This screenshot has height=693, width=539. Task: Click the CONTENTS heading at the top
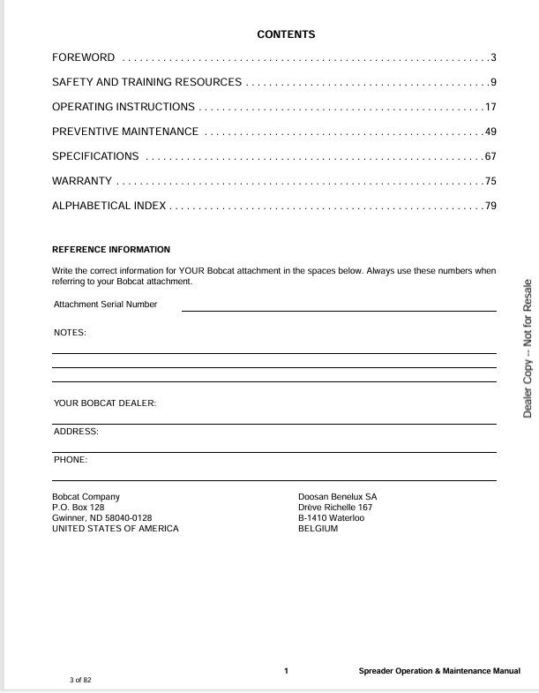click(286, 34)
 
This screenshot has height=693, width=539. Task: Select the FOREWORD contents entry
click(84, 57)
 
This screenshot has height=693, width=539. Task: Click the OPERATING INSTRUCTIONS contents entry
click(124, 107)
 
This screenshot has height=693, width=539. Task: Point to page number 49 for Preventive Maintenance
click(490, 132)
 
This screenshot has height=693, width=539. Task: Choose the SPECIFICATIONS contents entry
click(95, 156)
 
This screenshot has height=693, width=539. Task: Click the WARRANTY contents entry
click(82, 181)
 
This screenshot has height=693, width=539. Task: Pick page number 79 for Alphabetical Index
click(490, 206)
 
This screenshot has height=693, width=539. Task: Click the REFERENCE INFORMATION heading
click(111, 250)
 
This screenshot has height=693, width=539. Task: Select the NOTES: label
click(71, 333)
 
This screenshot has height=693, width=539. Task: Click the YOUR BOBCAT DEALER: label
click(105, 403)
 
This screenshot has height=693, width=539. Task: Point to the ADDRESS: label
click(76, 432)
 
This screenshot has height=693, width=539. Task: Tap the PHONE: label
click(71, 460)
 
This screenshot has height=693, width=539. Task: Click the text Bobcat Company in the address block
click(86, 497)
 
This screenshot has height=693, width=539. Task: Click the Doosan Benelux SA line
click(338, 497)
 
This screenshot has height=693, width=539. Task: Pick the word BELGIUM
click(318, 529)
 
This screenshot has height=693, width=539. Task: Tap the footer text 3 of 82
click(80, 680)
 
